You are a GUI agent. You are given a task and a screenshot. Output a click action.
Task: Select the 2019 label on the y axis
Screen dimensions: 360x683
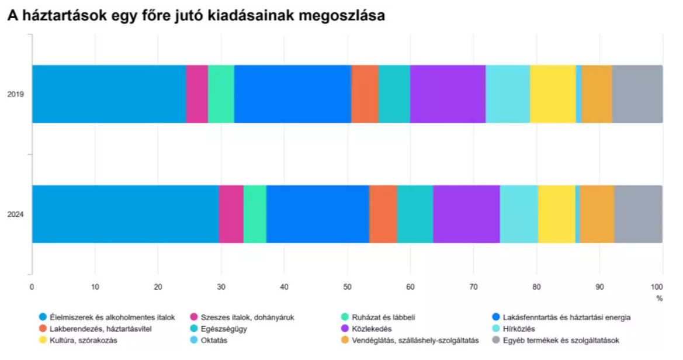tap(16, 94)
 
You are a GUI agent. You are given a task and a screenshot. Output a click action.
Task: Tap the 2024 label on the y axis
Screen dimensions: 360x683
tap(16, 214)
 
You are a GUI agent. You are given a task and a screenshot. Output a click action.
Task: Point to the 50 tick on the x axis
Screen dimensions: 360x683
tap(347, 287)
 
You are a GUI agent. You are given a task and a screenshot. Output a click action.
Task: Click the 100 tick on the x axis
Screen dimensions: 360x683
tap(657, 287)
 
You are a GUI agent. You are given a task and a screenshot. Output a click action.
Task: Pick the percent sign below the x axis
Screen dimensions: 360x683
tap(660, 298)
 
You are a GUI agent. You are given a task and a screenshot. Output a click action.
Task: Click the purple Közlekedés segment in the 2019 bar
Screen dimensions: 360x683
tap(448, 94)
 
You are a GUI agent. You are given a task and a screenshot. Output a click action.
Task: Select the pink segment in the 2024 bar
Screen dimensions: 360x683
tap(231, 214)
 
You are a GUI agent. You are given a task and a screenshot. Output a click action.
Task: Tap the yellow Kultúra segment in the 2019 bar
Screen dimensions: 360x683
tap(553, 94)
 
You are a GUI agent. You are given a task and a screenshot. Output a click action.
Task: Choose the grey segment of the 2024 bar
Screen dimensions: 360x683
tap(638, 214)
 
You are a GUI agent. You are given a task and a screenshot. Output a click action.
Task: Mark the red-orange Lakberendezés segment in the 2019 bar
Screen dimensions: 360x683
tap(365, 94)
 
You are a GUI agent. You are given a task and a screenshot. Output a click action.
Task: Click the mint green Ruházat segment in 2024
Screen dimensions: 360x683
tap(255, 214)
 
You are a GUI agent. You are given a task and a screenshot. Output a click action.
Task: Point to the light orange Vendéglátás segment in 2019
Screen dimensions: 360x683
tap(597, 94)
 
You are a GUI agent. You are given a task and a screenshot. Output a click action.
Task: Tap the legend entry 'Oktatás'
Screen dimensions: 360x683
tap(214, 340)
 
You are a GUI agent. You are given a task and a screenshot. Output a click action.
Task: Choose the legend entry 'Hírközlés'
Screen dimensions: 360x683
tap(519, 328)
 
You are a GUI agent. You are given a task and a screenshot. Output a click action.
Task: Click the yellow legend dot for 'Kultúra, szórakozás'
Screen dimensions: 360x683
tap(42, 340)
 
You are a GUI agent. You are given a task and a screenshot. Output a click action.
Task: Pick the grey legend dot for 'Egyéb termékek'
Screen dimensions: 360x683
tap(497, 340)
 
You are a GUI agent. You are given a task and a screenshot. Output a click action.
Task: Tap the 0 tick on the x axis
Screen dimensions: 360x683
tap(32, 287)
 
